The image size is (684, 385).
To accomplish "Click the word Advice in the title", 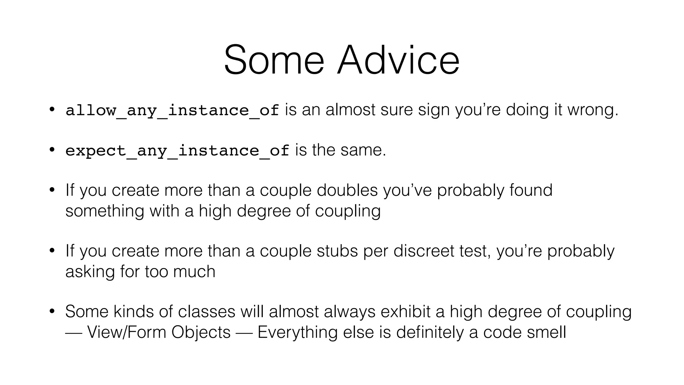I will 398,60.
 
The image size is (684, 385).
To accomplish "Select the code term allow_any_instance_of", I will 172,110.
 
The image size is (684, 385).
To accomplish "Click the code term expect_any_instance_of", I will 177,150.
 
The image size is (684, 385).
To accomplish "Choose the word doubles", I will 347,190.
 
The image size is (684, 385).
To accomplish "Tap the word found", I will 531,190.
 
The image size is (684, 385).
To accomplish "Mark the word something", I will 105,211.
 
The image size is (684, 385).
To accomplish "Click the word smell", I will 546,332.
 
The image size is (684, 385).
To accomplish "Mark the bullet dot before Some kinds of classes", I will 52,311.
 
